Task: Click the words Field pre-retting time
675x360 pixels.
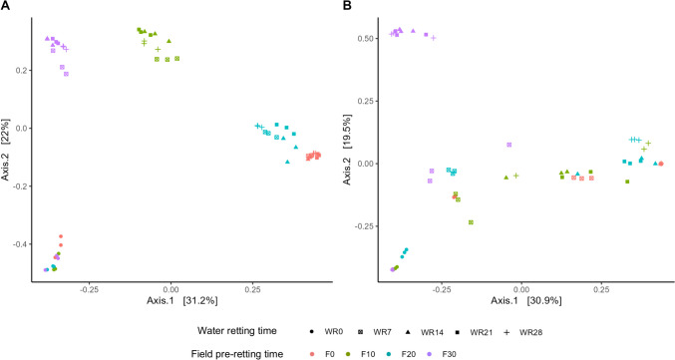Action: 229,352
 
